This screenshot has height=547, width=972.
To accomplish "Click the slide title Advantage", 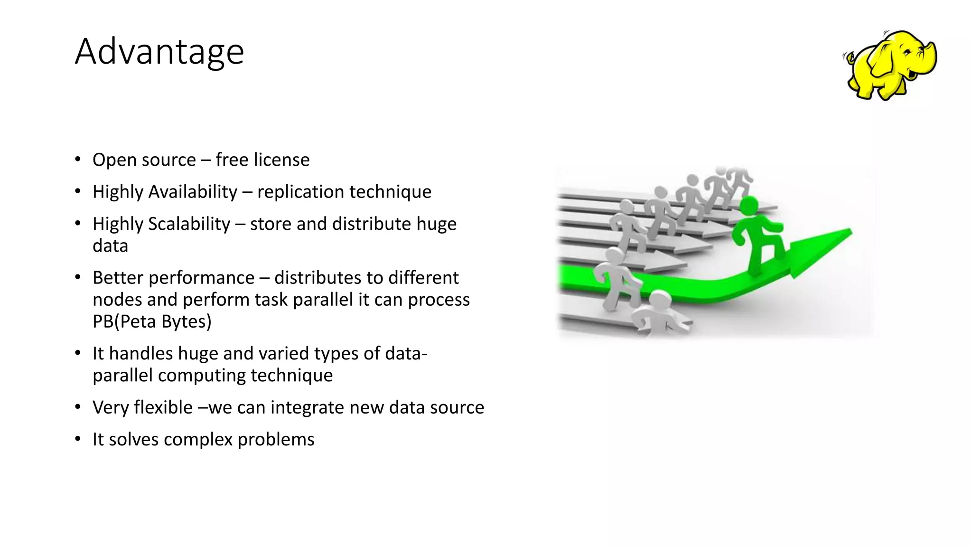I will pyautogui.click(x=159, y=51).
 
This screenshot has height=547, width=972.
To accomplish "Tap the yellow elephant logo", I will pyautogui.click(x=890, y=65).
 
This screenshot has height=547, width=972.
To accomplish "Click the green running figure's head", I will pyautogui.click(x=749, y=206).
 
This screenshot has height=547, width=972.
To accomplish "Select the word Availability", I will pyautogui.click(x=193, y=192).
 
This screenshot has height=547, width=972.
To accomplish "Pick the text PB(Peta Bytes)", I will pyautogui.click(x=152, y=321).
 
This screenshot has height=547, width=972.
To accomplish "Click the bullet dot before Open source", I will pyautogui.click(x=78, y=160).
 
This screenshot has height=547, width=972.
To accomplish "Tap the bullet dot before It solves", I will pyautogui.click(x=78, y=439).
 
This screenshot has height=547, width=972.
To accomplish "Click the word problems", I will pyautogui.click(x=276, y=439).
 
